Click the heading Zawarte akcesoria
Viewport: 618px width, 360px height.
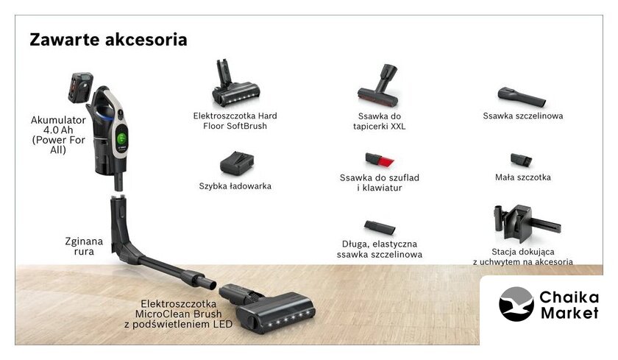(x=108, y=40)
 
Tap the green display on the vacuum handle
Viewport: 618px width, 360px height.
(x=122, y=138)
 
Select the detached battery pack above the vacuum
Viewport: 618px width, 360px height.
(x=80, y=87)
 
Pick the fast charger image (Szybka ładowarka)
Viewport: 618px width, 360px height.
(x=236, y=163)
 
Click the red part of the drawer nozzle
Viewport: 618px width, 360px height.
(x=387, y=162)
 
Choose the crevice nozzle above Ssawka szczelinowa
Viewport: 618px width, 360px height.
(x=522, y=96)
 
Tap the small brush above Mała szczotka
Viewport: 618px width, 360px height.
(x=521, y=160)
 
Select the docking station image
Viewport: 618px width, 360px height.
(x=526, y=223)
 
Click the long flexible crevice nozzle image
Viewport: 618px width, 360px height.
(x=379, y=227)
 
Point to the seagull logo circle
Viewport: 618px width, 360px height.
(x=516, y=304)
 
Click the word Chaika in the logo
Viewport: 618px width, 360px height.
(x=569, y=297)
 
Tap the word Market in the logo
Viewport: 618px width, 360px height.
(x=569, y=313)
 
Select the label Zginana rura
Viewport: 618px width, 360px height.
(x=84, y=246)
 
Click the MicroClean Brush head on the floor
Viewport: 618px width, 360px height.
(x=268, y=308)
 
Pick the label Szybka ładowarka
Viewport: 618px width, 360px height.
(x=235, y=186)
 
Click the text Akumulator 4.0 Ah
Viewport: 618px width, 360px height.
(x=58, y=125)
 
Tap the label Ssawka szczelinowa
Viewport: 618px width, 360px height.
(x=522, y=116)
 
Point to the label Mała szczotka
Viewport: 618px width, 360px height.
(x=522, y=177)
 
